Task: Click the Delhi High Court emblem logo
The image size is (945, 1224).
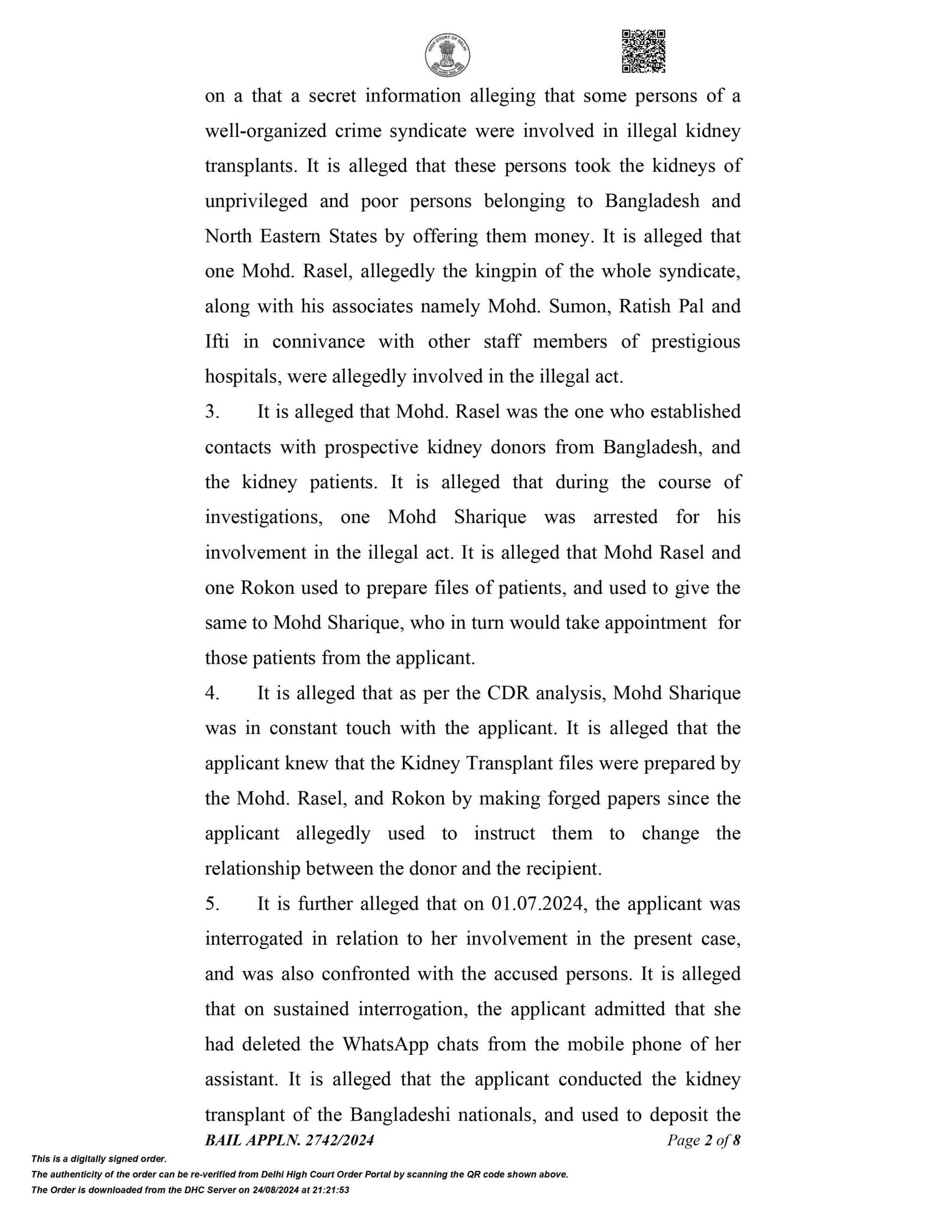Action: tap(448, 55)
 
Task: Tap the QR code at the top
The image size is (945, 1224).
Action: tap(644, 51)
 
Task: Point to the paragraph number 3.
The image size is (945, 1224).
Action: tap(211, 412)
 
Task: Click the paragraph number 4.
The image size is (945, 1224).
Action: tap(211, 693)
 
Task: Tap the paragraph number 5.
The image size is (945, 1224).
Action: tap(211, 904)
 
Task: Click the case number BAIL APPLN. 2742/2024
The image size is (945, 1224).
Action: tap(289, 1140)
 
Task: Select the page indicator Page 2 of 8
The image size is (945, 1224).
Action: tap(703, 1140)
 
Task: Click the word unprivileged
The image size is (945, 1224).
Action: tap(256, 202)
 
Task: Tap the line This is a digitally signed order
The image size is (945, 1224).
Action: tap(99, 1159)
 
